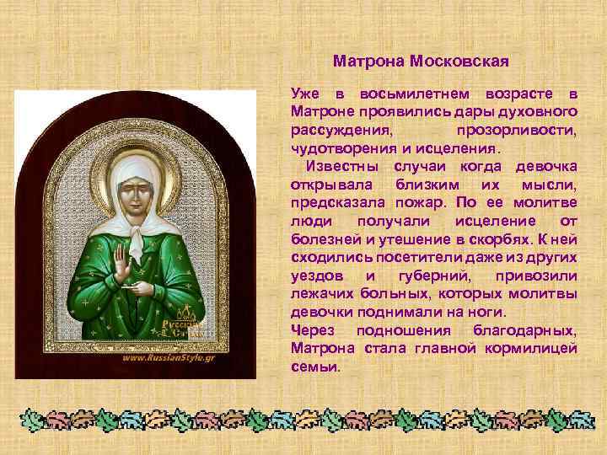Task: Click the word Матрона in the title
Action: pyautogui.click(x=368, y=62)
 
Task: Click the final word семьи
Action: pyautogui.click(x=314, y=367)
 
